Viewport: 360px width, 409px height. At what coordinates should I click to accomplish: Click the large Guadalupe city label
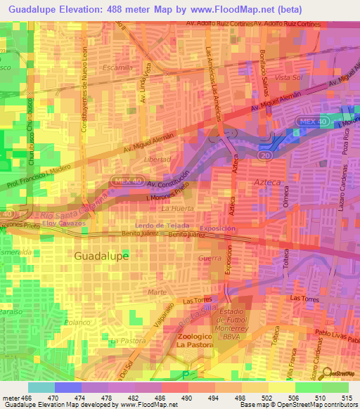pos(101,257)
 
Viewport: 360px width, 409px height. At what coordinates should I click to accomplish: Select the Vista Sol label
pos(289,77)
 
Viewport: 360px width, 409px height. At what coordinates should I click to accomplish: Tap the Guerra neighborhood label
pos(210,259)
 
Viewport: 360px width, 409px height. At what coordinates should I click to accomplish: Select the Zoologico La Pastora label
pos(176,341)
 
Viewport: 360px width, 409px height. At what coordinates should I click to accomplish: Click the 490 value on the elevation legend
pos(185,397)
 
